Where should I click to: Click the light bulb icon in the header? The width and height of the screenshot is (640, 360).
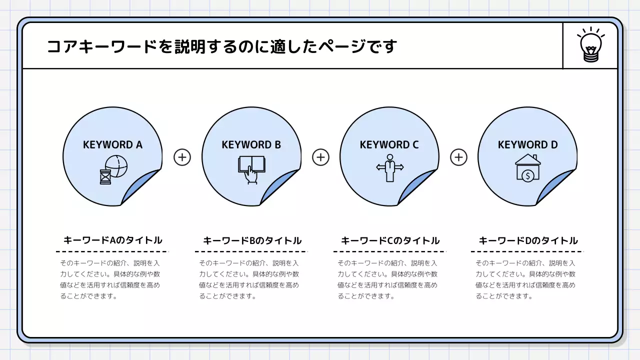pyautogui.click(x=590, y=45)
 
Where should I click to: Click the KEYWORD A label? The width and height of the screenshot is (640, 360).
pyautogui.click(x=112, y=145)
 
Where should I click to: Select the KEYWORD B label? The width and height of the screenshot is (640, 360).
pyautogui.click(x=251, y=145)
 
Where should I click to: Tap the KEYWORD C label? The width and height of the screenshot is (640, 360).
pyautogui.click(x=389, y=145)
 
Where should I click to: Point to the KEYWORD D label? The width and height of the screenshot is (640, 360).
pyautogui.click(x=527, y=145)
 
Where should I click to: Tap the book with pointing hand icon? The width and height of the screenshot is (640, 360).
pyautogui.click(x=251, y=169)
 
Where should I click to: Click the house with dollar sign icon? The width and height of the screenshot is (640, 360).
pyautogui.click(x=527, y=167)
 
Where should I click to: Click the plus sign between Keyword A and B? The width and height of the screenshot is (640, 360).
pyautogui.click(x=182, y=157)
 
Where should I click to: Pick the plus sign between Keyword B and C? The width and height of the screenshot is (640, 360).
pyautogui.click(x=320, y=157)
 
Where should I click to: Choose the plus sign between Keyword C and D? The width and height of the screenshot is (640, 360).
pyautogui.click(x=458, y=157)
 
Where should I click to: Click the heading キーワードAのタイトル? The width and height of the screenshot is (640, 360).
pyautogui.click(x=113, y=240)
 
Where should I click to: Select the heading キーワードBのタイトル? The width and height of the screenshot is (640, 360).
pyautogui.click(x=252, y=240)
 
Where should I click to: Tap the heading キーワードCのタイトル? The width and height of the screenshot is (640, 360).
pyautogui.click(x=390, y=240)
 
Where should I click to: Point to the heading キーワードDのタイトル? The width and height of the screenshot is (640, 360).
pyautogui.click(x=528, y=240)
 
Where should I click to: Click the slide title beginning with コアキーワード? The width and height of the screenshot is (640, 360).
pyautogui.click(x=221, y=46)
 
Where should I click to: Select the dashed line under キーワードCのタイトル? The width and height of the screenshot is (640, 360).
pyautogui.click(x=389, y=251)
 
